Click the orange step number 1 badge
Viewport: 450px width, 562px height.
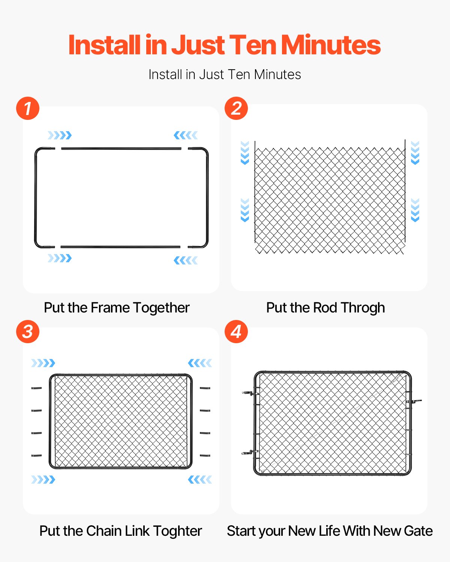pyautogui.click(x=28, y=108)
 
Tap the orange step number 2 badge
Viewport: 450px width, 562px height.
pyautogui.click(x=236, y=108)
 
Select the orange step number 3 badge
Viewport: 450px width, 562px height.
pyautogui.click(x=28, y=332)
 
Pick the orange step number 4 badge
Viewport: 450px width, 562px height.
pyautogui.click(x=236, y=332)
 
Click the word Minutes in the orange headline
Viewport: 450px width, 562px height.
pyautogui.click(x=330, y=45)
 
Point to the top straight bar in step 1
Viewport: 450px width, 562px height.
pyautogui.click(x=121, y=149)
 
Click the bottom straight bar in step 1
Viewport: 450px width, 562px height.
pyautogui.click(x=120, y=247)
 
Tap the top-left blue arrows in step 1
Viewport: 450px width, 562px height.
pyautogui.click(x=60, y=135)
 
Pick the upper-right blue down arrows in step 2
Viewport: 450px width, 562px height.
pyautogui.click(x=415, y=153)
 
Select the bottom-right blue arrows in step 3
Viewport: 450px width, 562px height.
pyautogui.click(x=200, y=480)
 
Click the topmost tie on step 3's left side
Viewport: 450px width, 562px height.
pyautogui.click(x=36, y=388)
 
